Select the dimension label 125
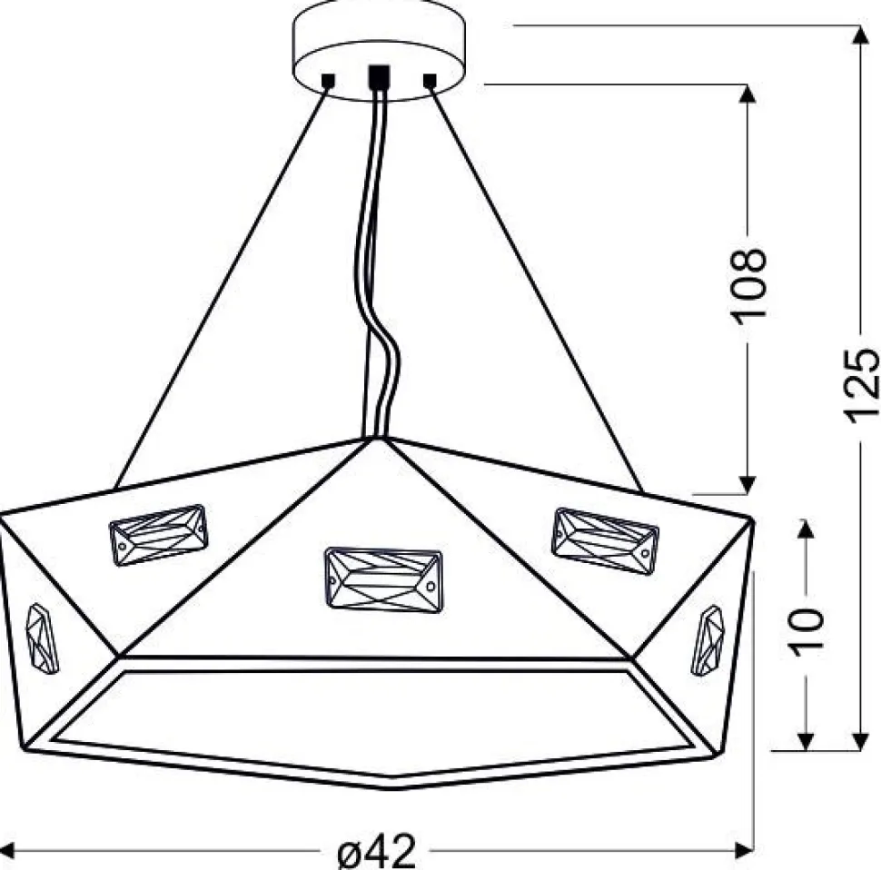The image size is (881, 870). point(860,385)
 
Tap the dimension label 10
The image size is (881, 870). point(807,631)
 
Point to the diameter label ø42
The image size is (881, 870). point(377,852)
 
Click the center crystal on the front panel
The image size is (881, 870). point(384,580)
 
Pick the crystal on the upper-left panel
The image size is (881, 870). point(158,535)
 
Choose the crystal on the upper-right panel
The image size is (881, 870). point(605,541)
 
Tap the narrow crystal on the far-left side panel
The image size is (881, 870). point(42,638)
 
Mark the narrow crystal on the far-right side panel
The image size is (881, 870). point(708,640)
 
